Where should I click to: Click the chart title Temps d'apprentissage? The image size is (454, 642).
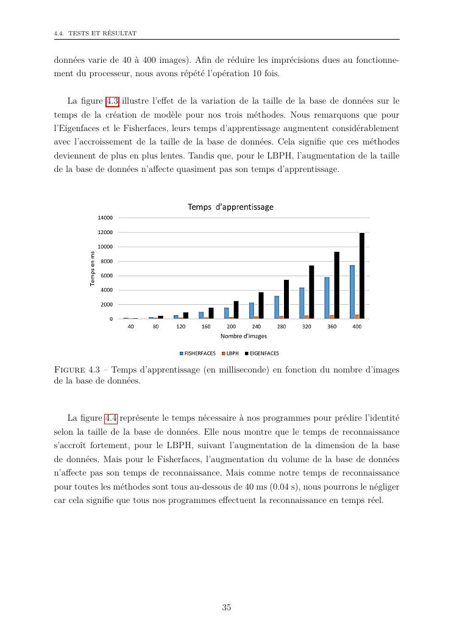pos(230,207)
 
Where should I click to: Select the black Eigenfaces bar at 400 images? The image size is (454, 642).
pos(362,276)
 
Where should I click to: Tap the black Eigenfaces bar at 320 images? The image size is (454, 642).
pos(311,292)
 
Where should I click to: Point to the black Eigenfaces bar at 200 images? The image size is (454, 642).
pos(236,310)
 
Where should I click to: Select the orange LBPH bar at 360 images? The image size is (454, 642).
pos(332,316)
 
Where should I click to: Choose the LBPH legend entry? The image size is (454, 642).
pos(230,353)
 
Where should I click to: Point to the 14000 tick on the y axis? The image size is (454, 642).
pos(105,218)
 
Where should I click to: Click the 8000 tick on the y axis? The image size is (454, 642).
pos(107,261)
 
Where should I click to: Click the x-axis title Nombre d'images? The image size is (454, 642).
pos(240,336)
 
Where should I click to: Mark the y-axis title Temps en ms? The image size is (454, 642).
pos(93,269)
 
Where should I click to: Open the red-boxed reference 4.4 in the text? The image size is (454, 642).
pos(112,418)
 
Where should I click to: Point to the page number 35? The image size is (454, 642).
pos(227,607)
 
